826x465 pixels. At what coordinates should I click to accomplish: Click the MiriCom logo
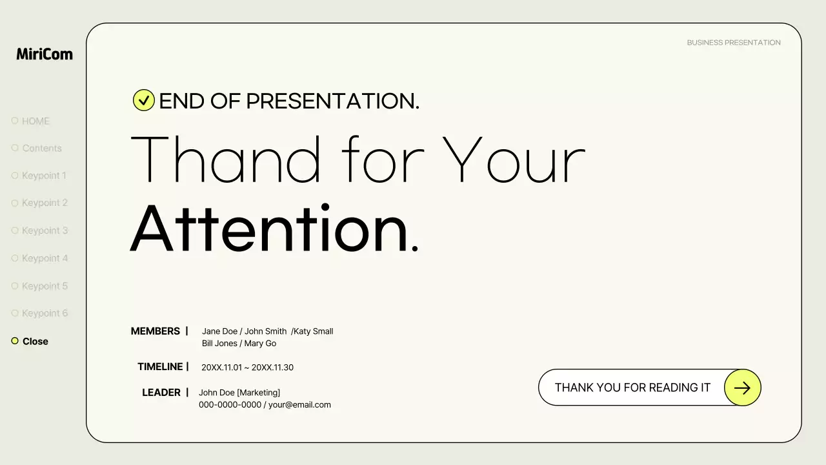coord(45,54)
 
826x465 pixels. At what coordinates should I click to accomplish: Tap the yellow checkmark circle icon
coord(143,100)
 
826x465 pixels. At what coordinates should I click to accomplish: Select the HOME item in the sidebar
coord(35,121)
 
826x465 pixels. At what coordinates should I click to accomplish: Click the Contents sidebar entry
coord(42,148)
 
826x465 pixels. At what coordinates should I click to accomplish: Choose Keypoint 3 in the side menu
coord(45,231)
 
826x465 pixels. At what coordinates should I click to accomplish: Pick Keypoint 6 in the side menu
coord(45,313)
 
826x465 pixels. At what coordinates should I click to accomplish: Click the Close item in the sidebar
coord(35,341)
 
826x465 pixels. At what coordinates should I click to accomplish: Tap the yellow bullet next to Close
coord(15,341)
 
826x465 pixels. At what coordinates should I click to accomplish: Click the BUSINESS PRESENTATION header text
coord(734,43)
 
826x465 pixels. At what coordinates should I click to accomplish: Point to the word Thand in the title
coord(226,160)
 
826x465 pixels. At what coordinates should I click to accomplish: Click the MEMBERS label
coord(155,331)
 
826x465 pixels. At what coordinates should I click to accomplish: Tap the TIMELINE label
coord(160,367)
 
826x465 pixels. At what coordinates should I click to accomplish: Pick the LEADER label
coord(161,393)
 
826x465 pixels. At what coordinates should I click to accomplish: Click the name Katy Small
coord(314,331)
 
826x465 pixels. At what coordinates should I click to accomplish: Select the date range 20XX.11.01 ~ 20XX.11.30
coord(247,367)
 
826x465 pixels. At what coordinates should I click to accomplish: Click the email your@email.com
coord(299,405)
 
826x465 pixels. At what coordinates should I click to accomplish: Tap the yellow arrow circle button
coord(742,387)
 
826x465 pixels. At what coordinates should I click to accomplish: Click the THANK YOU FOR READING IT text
coord(632,387)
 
